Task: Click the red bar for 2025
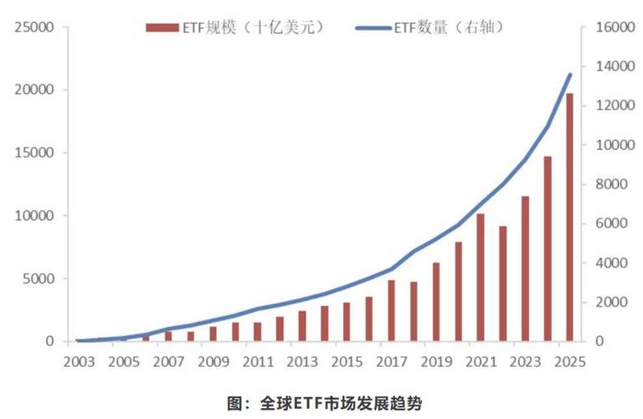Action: [570, 218]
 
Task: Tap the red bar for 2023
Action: [525, 269]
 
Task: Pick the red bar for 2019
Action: [436, 303]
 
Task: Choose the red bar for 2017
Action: [391, 311]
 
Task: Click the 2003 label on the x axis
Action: [77, 362]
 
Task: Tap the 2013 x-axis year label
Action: [301, 362]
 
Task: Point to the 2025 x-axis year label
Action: [570, 362]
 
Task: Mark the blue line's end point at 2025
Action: [570, 75]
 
